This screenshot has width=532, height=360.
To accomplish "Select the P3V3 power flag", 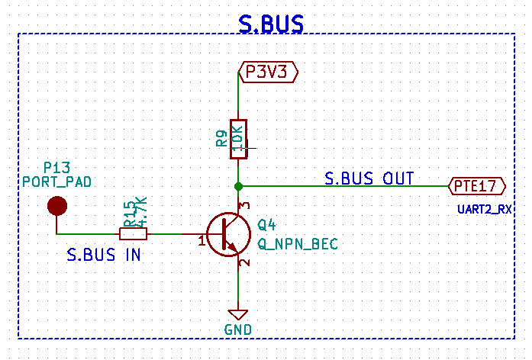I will point(268,72).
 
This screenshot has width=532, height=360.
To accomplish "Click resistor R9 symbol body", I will point(238,139).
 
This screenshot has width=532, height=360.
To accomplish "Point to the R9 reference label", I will point(221,139).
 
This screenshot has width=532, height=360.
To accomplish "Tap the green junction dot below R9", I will point(238,185).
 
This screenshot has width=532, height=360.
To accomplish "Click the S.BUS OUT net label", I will point(369,178).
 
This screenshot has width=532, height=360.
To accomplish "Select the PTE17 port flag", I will point(477,185).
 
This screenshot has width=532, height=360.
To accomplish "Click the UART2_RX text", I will point(485,208).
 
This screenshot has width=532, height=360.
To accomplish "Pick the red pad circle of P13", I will point(56,205).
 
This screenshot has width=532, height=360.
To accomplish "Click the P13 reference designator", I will point(56,167).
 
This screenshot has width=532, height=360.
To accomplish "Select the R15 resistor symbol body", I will point(134,233).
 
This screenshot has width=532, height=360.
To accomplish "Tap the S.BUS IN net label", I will point(104,256).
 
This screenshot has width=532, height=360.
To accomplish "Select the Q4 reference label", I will point(266,225).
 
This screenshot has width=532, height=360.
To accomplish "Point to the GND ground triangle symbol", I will point(238,314).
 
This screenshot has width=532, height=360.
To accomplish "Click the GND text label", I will point(238,329).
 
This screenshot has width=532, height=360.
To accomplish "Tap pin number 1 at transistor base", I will point(202,242).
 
